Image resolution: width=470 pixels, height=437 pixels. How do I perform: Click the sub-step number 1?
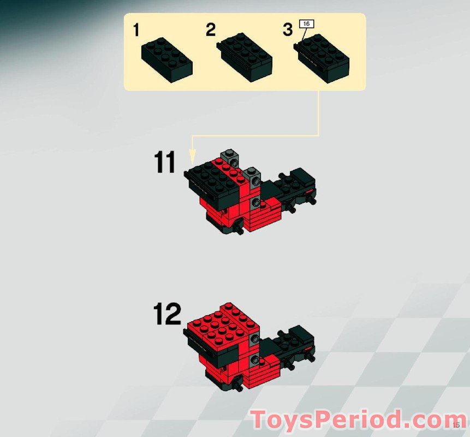coord(136,31)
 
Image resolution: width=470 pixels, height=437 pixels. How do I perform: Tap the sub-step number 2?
coord(211,29)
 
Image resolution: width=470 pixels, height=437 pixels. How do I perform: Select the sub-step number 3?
coord(288,29)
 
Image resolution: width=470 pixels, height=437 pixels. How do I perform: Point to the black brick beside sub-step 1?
coord(166,60)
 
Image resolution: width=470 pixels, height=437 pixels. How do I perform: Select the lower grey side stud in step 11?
coord(254,204)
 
